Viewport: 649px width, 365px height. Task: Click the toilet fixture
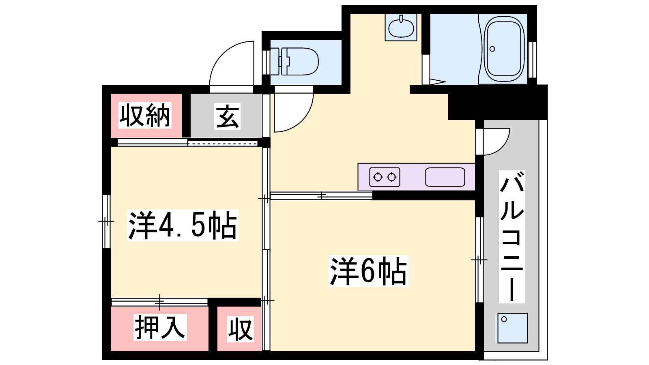point(294,61)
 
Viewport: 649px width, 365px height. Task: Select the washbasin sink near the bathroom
point(401,28)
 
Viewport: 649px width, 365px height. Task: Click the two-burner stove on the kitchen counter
point(385,177)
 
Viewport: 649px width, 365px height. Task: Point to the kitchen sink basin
point(445,177)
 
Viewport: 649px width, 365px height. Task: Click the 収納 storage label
point(145,115)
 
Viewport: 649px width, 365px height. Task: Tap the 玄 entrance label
point(228,116)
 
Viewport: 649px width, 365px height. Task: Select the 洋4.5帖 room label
point(183,225)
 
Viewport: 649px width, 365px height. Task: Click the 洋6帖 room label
point(368,271)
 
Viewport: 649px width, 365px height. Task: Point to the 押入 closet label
point(160,327)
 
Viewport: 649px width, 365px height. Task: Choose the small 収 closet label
point(240,328)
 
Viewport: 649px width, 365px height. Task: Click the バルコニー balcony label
point(512,237)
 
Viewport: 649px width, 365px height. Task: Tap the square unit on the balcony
point(513,328)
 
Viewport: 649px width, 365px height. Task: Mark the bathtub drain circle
point(492,49)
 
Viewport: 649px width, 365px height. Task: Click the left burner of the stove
point(378,177)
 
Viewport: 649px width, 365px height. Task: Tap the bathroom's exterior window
point(532,60)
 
